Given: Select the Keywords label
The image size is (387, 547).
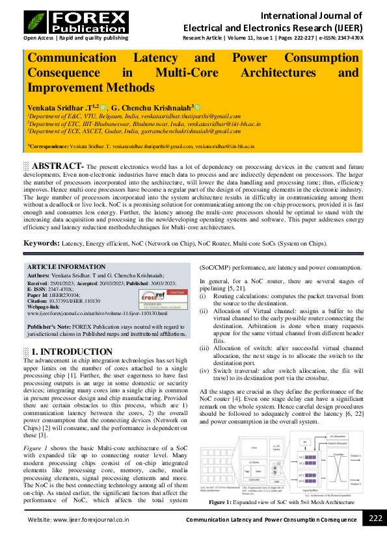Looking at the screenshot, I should tap(42, 243).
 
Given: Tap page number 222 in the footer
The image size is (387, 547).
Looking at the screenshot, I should tap(375, 536).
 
